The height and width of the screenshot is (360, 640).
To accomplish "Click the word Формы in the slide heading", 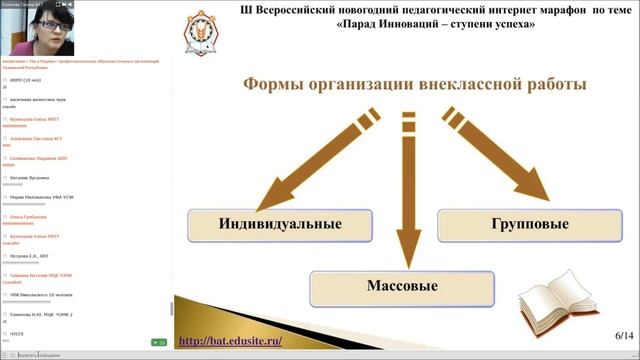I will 275,83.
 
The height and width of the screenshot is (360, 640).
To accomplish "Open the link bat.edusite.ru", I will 246,340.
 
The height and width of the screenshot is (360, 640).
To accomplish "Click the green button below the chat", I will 158,342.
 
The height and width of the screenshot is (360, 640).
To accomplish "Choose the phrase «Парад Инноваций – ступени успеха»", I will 426,24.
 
